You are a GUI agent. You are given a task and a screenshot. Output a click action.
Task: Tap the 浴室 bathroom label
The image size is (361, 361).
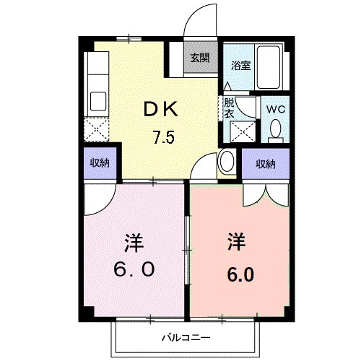pyautogui.click(x=240, y=64)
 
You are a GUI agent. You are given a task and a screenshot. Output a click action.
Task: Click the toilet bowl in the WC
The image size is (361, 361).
pyautogui.click(x=275, y=129)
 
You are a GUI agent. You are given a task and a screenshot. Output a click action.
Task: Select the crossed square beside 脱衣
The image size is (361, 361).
pyautogui.click(x=241, y=132)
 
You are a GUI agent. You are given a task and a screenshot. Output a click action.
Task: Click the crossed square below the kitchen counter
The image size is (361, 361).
pyautogui.click(x=97, y=131)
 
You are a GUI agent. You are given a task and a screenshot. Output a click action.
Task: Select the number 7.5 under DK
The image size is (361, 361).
pyautogui.click(x=162, y=137)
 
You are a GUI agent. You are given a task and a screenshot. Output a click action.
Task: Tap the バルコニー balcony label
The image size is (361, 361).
pyautogui.click(x=186, y=336)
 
